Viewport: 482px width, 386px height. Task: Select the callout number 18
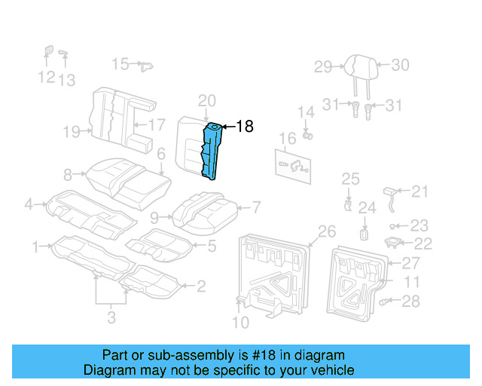tap(245, 127)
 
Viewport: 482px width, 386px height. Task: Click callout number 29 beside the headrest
tap(323, 67)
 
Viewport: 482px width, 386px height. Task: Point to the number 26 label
tap(327, 231)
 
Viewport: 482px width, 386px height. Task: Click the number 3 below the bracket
tap(111, 318)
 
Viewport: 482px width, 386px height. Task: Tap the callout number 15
tap(120, 64)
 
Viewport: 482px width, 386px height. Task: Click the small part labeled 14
tap(307, 136)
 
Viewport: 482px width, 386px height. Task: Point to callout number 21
tap(419, 191)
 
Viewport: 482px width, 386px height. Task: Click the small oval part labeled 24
tap(365, 233)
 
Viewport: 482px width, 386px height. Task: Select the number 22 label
tap(424, 244)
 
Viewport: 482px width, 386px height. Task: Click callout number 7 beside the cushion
tap(255, 207)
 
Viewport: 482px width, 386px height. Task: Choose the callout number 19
tap(72, 133)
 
